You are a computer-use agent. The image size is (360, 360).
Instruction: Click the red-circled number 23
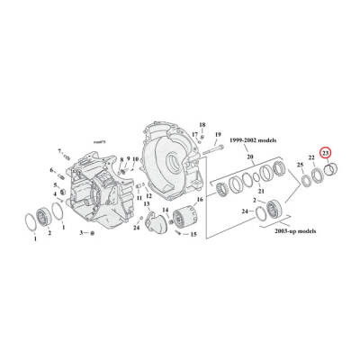(327, 153)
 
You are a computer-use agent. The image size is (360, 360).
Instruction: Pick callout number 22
(311, 158)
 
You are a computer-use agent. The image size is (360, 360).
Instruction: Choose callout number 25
(300, 165)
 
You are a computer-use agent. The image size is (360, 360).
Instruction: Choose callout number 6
(53, 170)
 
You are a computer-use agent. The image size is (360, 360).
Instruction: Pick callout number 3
(80, 232)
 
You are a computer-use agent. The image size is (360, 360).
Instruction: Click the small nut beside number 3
(91, 232)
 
